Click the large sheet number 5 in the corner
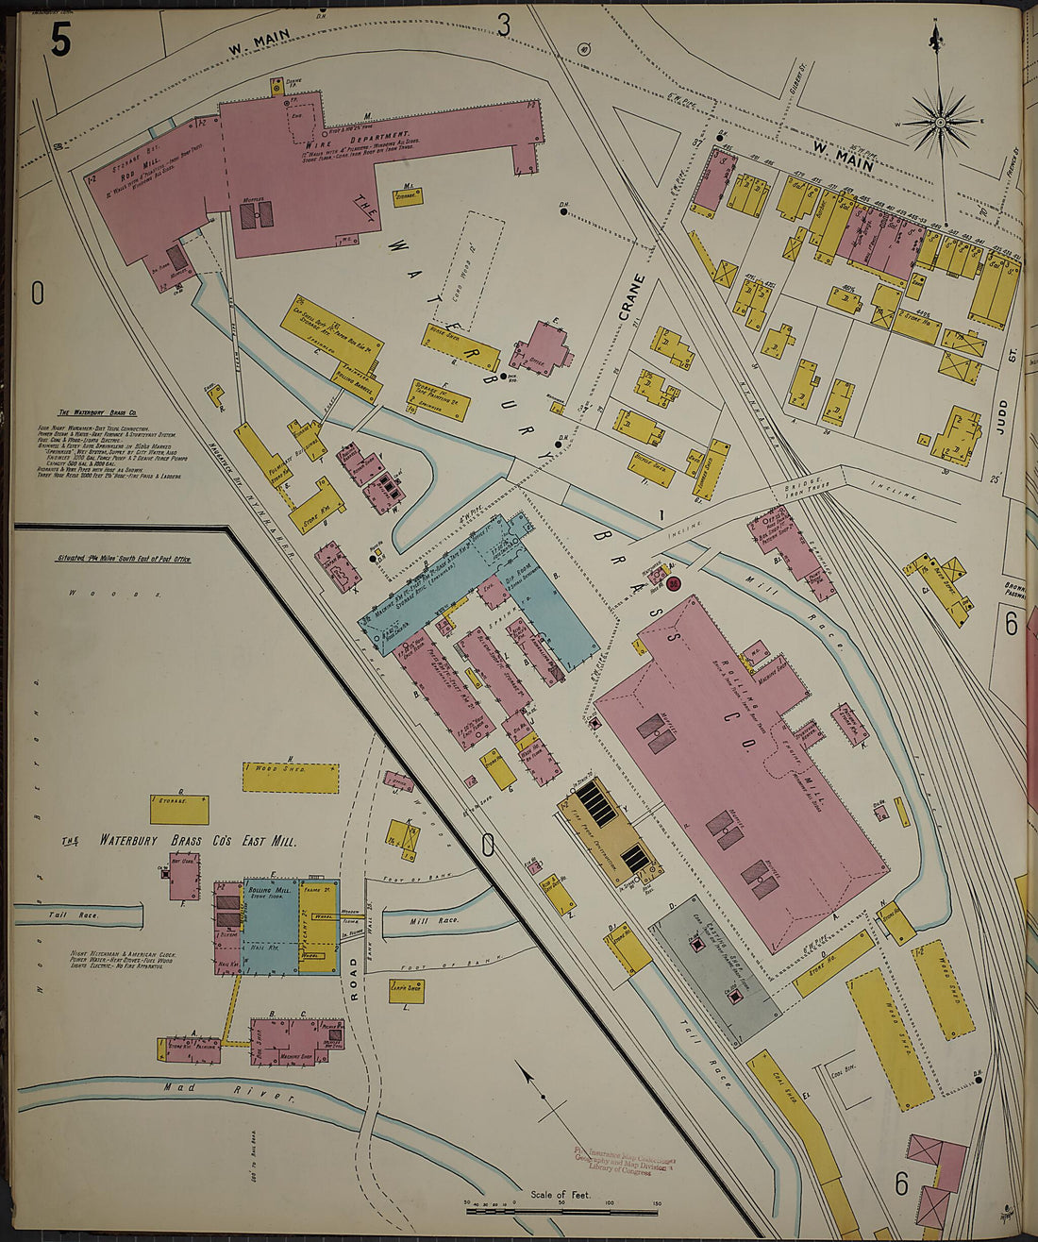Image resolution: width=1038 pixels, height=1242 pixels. tap(60, 39)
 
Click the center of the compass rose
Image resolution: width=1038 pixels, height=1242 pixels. tap(941, 121)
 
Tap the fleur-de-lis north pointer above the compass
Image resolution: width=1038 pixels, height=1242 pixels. tap(936, 38)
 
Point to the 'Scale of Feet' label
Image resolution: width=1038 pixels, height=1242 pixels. tap(561, 1195)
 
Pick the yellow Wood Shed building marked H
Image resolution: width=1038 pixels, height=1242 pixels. tap(290, 777)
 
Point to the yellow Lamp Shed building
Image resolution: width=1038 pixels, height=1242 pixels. tap(406, 991)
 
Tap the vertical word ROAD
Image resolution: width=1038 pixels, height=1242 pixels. tap(355, 974)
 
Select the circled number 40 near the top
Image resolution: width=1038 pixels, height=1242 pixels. tap(584, 49)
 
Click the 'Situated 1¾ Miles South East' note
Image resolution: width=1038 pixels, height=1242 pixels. tap(123, 559)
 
